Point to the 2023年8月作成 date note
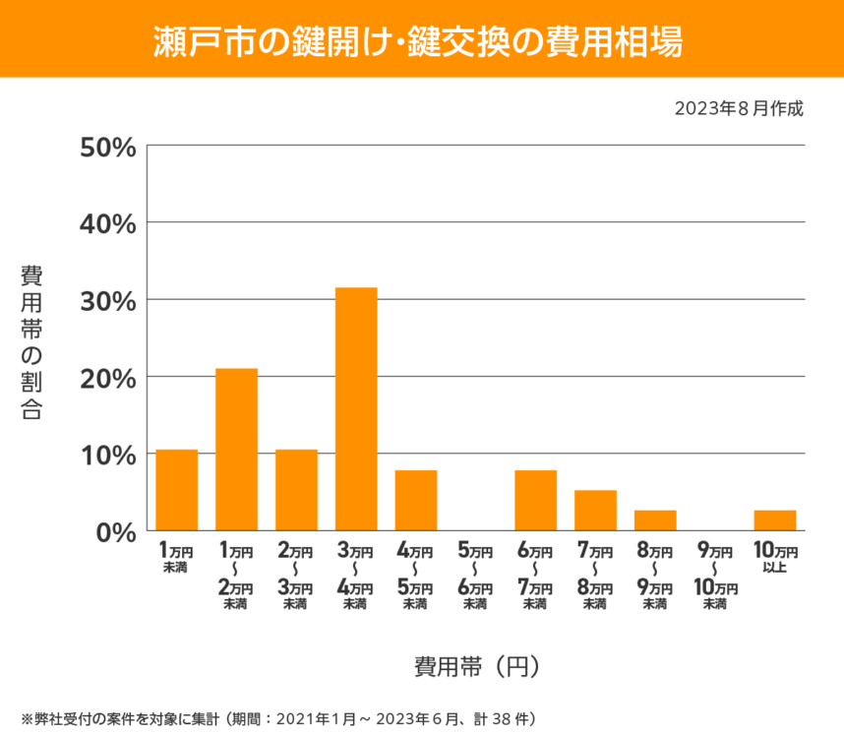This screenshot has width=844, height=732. (x=739, y=108)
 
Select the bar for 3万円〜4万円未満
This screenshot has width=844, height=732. (x=356, y=409)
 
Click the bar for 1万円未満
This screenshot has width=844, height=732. (x=177, y=490)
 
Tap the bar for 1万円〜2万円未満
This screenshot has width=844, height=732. (x=236, y=450)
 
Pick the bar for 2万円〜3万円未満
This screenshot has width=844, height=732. (x=296, y=490)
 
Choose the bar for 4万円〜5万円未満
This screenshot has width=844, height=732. (x=416, y=500)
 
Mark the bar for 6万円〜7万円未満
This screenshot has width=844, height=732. (x=535, y=500)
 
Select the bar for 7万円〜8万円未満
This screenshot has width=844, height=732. (x=595, y=510)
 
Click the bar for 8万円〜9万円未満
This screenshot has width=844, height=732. (x=655, y=519)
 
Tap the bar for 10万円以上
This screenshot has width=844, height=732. (x=775, y=519)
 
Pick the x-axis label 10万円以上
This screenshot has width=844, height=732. (x=775, y=558)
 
